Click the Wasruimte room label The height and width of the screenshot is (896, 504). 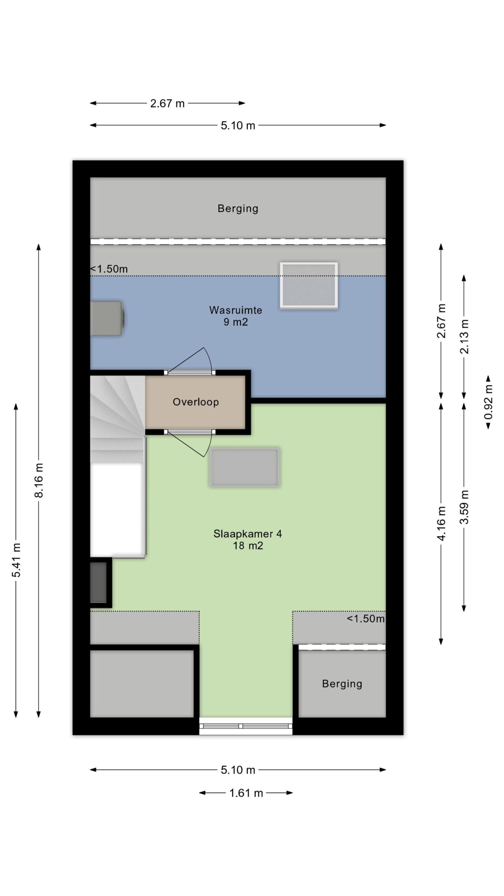[x=236, y=310]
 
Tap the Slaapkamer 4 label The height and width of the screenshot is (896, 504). [x=247, y=534]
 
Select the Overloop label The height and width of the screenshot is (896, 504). [x=196, y=402]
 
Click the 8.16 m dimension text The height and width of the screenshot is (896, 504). [x=39, y=480]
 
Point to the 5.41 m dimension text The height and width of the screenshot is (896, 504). [x=16, y=560]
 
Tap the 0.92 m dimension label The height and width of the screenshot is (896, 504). [x=488, y=402]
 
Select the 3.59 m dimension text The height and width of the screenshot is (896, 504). [x=464, y=507]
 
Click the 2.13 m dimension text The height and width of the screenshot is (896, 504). [x=464, y=337]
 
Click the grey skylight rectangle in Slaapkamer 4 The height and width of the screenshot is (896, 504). [x=245, y=467]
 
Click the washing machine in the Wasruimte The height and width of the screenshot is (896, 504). [x=108, y=318]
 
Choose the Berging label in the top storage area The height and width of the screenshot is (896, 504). [x=238, y=209]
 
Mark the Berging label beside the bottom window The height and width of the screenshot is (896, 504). [x=342, y=684]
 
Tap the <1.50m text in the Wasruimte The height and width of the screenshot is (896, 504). [x=109, y=269]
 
